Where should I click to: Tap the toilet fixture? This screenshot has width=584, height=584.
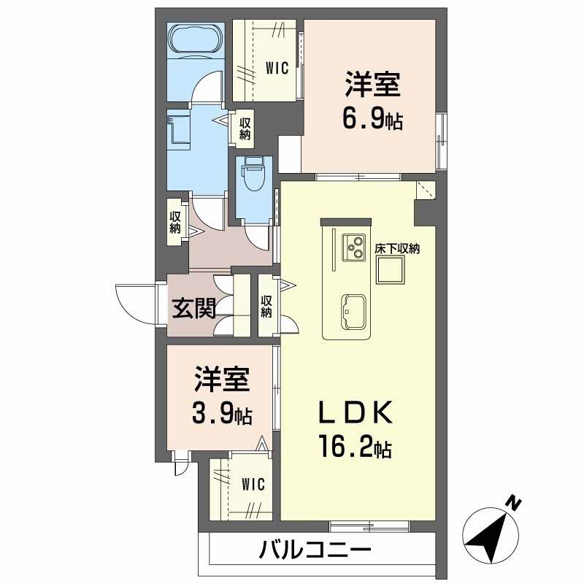[x=254, y=173]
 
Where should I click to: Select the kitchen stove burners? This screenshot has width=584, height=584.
[x=354, y=247]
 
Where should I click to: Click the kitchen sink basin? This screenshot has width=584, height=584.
[x=353, y=312]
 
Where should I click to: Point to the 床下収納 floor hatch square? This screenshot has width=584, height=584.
[x=390, y=270]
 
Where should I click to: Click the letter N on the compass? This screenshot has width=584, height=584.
[x=514, y=504]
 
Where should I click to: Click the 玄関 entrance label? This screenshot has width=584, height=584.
[x=194, y=308]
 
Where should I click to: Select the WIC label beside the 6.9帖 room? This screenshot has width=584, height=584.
[x=277, y=68]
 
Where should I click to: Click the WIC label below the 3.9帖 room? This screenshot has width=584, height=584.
[x=253, y=485]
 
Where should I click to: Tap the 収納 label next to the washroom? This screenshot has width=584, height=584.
[x=245, y=128]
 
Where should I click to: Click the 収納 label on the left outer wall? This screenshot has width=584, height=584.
[x=175, y=223]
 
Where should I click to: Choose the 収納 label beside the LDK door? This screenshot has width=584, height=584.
[x=266, y=306]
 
